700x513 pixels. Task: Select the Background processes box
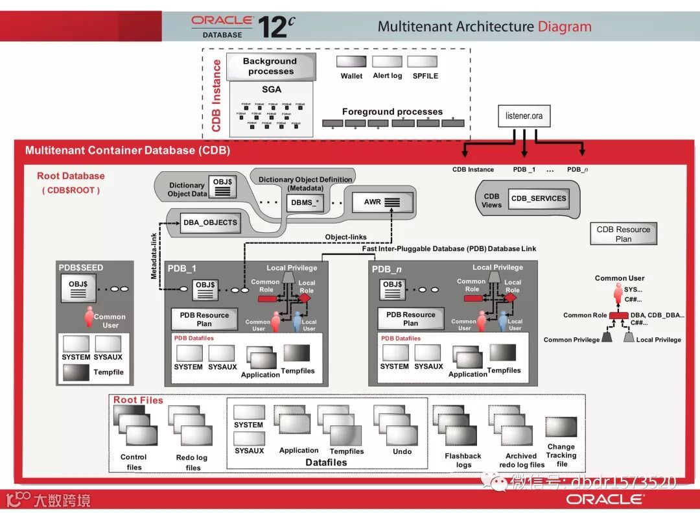point(270,66)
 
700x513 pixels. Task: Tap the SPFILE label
point(425,76)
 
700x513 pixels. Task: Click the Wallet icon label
point(351,76)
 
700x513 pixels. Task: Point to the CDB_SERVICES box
point(538,198)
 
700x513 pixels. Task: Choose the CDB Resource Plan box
point(623,234)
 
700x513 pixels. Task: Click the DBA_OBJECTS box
point(210,222)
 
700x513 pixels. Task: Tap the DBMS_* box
point(305,202)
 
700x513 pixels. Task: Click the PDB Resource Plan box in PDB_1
point(204,319)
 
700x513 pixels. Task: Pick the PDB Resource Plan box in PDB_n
point(411,319)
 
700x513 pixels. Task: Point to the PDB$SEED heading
point(81,268)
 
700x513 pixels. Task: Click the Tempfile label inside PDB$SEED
point(108,372)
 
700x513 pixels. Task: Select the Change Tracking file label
point(561,455)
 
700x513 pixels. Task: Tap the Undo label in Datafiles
point(402,451)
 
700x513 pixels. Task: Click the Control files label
point(134,462)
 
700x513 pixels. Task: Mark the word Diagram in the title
point(565,27)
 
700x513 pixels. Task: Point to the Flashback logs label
point(463,460)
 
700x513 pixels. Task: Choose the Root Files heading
point(138,400)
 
